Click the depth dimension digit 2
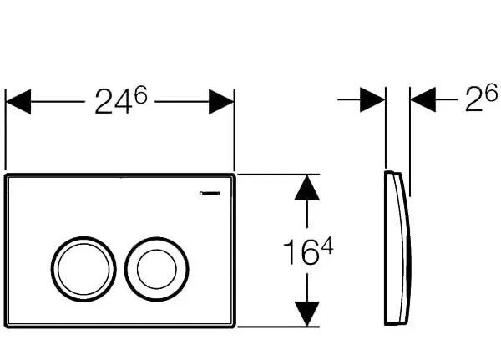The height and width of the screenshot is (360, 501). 473,104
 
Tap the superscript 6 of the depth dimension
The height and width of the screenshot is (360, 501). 493,95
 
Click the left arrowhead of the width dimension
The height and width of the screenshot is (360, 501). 18,103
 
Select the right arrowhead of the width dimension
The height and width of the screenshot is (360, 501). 220,103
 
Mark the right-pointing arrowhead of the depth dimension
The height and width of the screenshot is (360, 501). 372,100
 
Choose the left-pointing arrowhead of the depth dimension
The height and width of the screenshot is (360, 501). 424,100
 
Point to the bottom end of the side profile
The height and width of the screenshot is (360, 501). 394,324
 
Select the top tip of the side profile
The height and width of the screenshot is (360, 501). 392,172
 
